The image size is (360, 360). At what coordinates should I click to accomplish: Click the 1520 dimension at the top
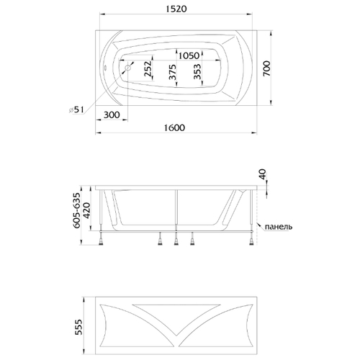pyautogui.click(x=176, y=9)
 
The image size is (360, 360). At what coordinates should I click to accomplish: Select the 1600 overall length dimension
pyautogui.click(x=174, y=127)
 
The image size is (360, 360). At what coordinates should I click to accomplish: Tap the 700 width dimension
pyautogui.click(x=266, y=68)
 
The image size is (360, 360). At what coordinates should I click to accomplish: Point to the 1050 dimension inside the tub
pyautogui.click(x=189, y=55)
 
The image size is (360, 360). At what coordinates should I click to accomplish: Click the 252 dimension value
pyautogui.click(x=148, y=69)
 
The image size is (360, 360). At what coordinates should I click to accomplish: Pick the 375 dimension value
pyautogui.click(x=173, y=72)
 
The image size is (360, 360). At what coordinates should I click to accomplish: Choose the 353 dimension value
pyautogui.click(x=197, y=71)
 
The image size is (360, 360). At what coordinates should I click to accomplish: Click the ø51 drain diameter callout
pyautogui.click(x=76, y=110)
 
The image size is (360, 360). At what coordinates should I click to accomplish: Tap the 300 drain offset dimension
pyautogui.click(x=112, y=114)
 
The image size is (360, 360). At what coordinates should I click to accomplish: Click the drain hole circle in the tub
pyautogui.click(x=128, y=68)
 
